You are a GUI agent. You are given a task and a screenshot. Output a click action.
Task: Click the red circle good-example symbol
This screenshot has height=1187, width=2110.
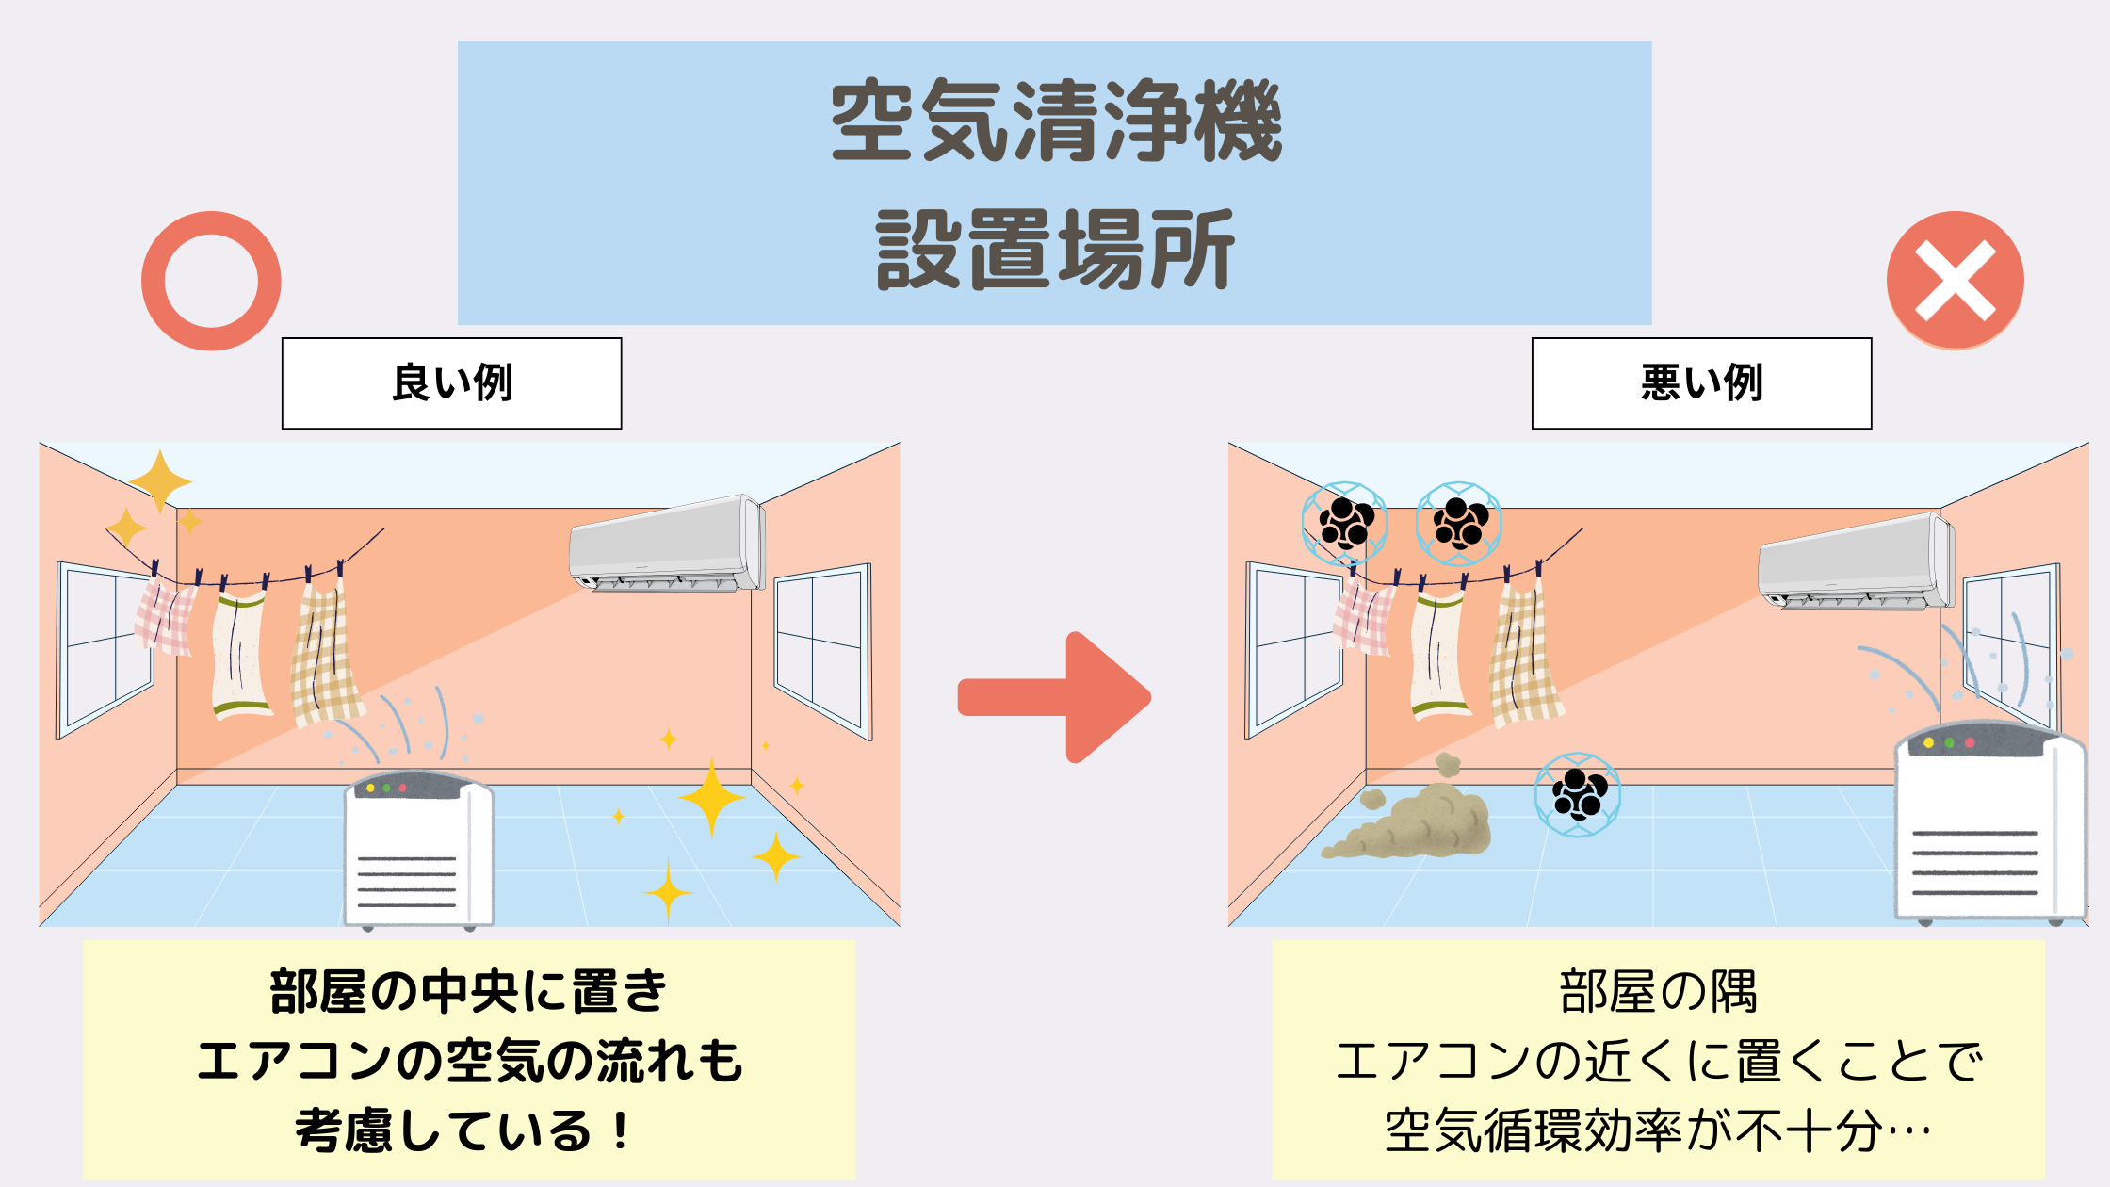click(x=211, y=281)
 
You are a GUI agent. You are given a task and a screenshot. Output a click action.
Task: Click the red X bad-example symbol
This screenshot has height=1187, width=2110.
click(x=1955, y=281)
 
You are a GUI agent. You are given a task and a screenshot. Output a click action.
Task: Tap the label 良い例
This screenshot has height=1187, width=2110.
click(x=452, y=383)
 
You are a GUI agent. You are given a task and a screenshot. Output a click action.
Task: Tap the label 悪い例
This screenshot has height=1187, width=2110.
click(x=1701, y=383)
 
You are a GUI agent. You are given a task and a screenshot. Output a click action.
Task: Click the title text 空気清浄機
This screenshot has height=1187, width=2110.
click(x=1055, y=121)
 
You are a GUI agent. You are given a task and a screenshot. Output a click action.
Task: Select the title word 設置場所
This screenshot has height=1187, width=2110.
click(x=1055, y=250)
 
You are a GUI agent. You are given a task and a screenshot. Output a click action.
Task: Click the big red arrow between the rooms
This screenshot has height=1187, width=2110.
click(x=1055, y=697)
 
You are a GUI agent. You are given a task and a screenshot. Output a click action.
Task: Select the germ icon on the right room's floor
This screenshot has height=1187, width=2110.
click(x=1578, y=794)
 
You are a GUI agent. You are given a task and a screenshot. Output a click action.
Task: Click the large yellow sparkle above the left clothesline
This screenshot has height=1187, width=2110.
click(x=160, y=480)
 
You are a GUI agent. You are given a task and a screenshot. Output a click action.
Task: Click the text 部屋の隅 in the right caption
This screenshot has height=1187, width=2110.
click(x=1658, y=992)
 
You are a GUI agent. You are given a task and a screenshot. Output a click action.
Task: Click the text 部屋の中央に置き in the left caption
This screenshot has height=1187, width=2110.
click(x=468, y=992)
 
